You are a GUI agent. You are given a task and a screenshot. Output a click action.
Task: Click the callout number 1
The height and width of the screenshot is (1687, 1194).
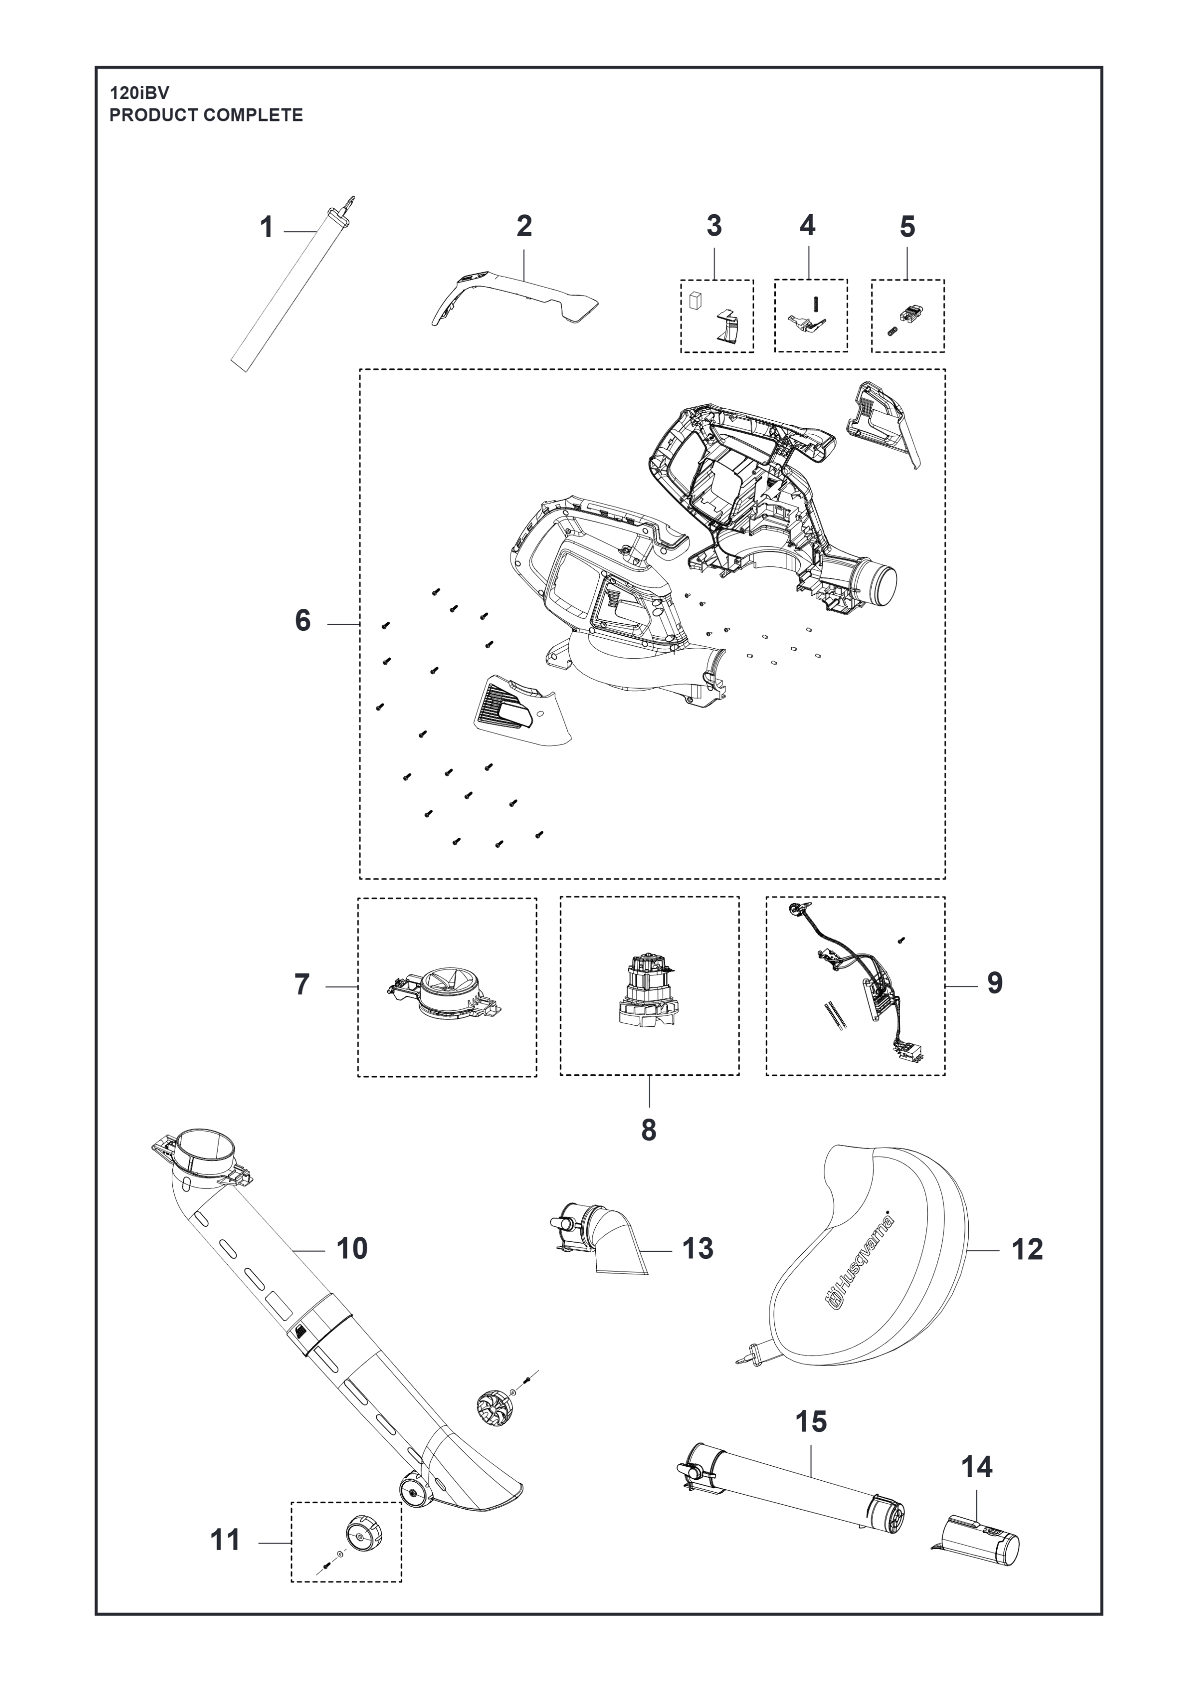click(267, 228)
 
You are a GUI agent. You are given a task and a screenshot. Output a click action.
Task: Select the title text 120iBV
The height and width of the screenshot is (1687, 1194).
click(139, 94)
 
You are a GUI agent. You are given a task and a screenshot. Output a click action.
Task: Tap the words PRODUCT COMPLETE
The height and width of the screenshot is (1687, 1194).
click(206, 115)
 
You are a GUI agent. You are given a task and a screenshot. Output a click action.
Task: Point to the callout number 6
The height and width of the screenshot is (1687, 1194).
click(303, 621)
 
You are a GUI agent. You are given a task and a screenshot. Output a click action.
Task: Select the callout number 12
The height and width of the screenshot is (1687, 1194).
click(1027, 1249)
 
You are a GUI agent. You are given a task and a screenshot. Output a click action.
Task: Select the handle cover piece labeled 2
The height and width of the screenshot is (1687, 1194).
click(515, 297)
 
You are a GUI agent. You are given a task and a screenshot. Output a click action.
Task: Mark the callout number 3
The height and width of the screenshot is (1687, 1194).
click(714, 226)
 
